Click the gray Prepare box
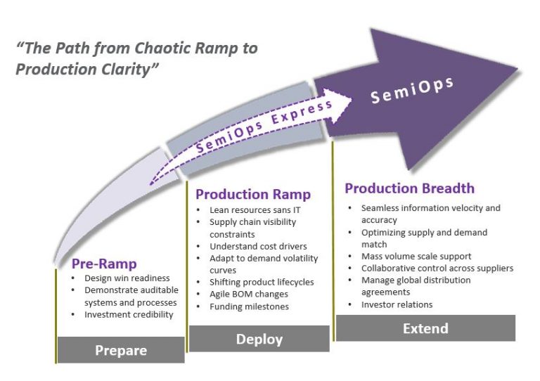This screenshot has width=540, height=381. pos(121,350)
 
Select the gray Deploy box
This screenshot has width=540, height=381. pos(259,339)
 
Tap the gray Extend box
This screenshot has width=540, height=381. pos(425,328)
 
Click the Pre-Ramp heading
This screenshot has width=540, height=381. pos(104,264)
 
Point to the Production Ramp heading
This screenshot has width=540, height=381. pos(252,195)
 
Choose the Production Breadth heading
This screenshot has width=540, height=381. pos(409,188)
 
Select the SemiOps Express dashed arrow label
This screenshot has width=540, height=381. pos(264,127)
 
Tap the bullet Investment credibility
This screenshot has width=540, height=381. pos(129,314)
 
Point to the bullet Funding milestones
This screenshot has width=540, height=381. pos(249,306)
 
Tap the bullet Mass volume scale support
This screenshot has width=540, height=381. pos(416,256)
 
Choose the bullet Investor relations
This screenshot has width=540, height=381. pos(397,304)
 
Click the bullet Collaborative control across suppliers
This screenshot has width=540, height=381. pos(437,268)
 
